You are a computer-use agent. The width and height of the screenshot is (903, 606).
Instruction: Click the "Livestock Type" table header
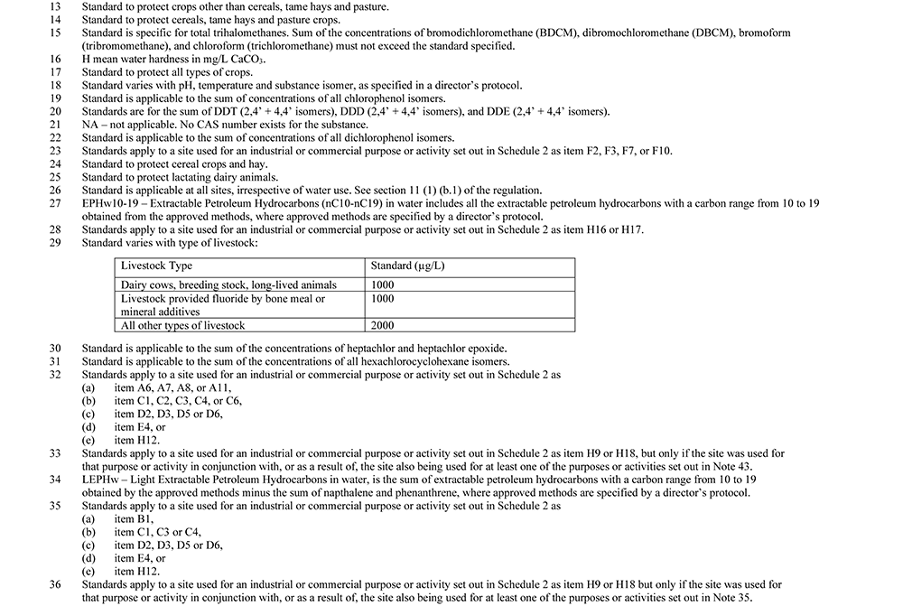[x=157, y=267]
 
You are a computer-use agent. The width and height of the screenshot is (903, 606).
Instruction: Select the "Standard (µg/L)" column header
[x=408, y=267]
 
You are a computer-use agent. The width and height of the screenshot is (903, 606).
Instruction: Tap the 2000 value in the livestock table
[x=383, y=325]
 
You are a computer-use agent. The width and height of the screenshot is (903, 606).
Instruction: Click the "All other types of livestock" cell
[x=183, y=325]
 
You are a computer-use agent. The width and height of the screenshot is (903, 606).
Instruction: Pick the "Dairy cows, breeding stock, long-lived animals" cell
[x=228, y=284]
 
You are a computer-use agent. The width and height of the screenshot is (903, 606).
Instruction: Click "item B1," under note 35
[x=134, y=519]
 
